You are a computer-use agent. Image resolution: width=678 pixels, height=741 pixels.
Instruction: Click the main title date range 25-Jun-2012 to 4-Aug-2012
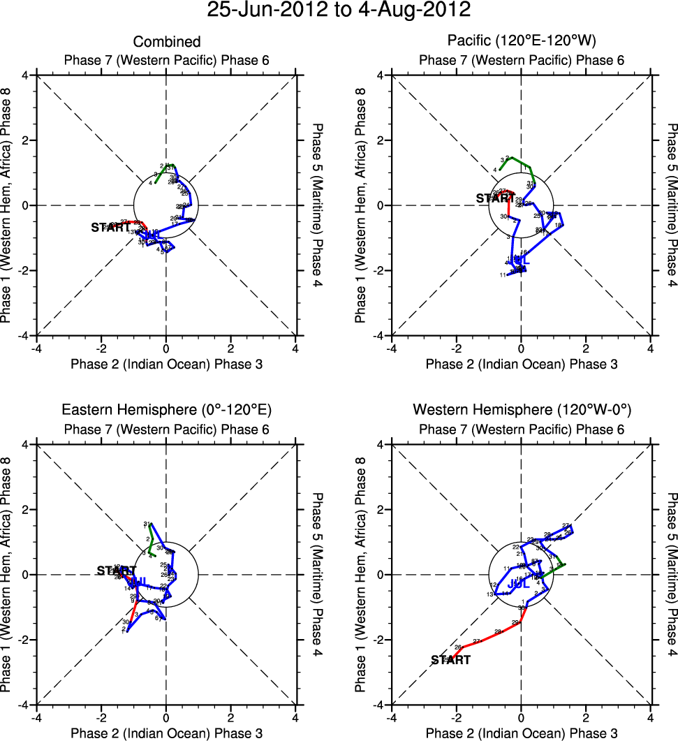tap(339, 10)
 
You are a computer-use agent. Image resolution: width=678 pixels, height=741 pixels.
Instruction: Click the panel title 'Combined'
tap(166, 42)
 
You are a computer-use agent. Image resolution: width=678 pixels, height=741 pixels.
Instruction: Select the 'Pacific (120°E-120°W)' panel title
tap(521, 42)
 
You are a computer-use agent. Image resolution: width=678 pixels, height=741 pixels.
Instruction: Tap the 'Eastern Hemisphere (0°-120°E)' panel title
tap(166, 409)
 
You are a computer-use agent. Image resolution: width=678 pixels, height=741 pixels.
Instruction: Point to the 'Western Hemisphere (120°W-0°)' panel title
tap(521, 409)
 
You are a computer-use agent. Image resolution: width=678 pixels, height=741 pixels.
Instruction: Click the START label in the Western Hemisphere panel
tap(450, 660)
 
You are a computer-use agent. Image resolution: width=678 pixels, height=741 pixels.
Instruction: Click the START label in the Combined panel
tap(111, 228)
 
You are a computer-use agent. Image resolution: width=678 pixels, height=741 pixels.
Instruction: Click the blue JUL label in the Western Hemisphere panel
tap(517, 582)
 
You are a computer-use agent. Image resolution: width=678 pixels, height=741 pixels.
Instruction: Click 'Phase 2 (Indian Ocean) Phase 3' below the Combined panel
tap(166, 364)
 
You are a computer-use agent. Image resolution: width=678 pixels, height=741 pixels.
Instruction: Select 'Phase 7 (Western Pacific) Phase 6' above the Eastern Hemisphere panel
tap(166, 429)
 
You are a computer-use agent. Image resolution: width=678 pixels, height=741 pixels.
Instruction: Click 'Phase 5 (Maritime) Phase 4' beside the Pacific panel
tap(671, 206)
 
